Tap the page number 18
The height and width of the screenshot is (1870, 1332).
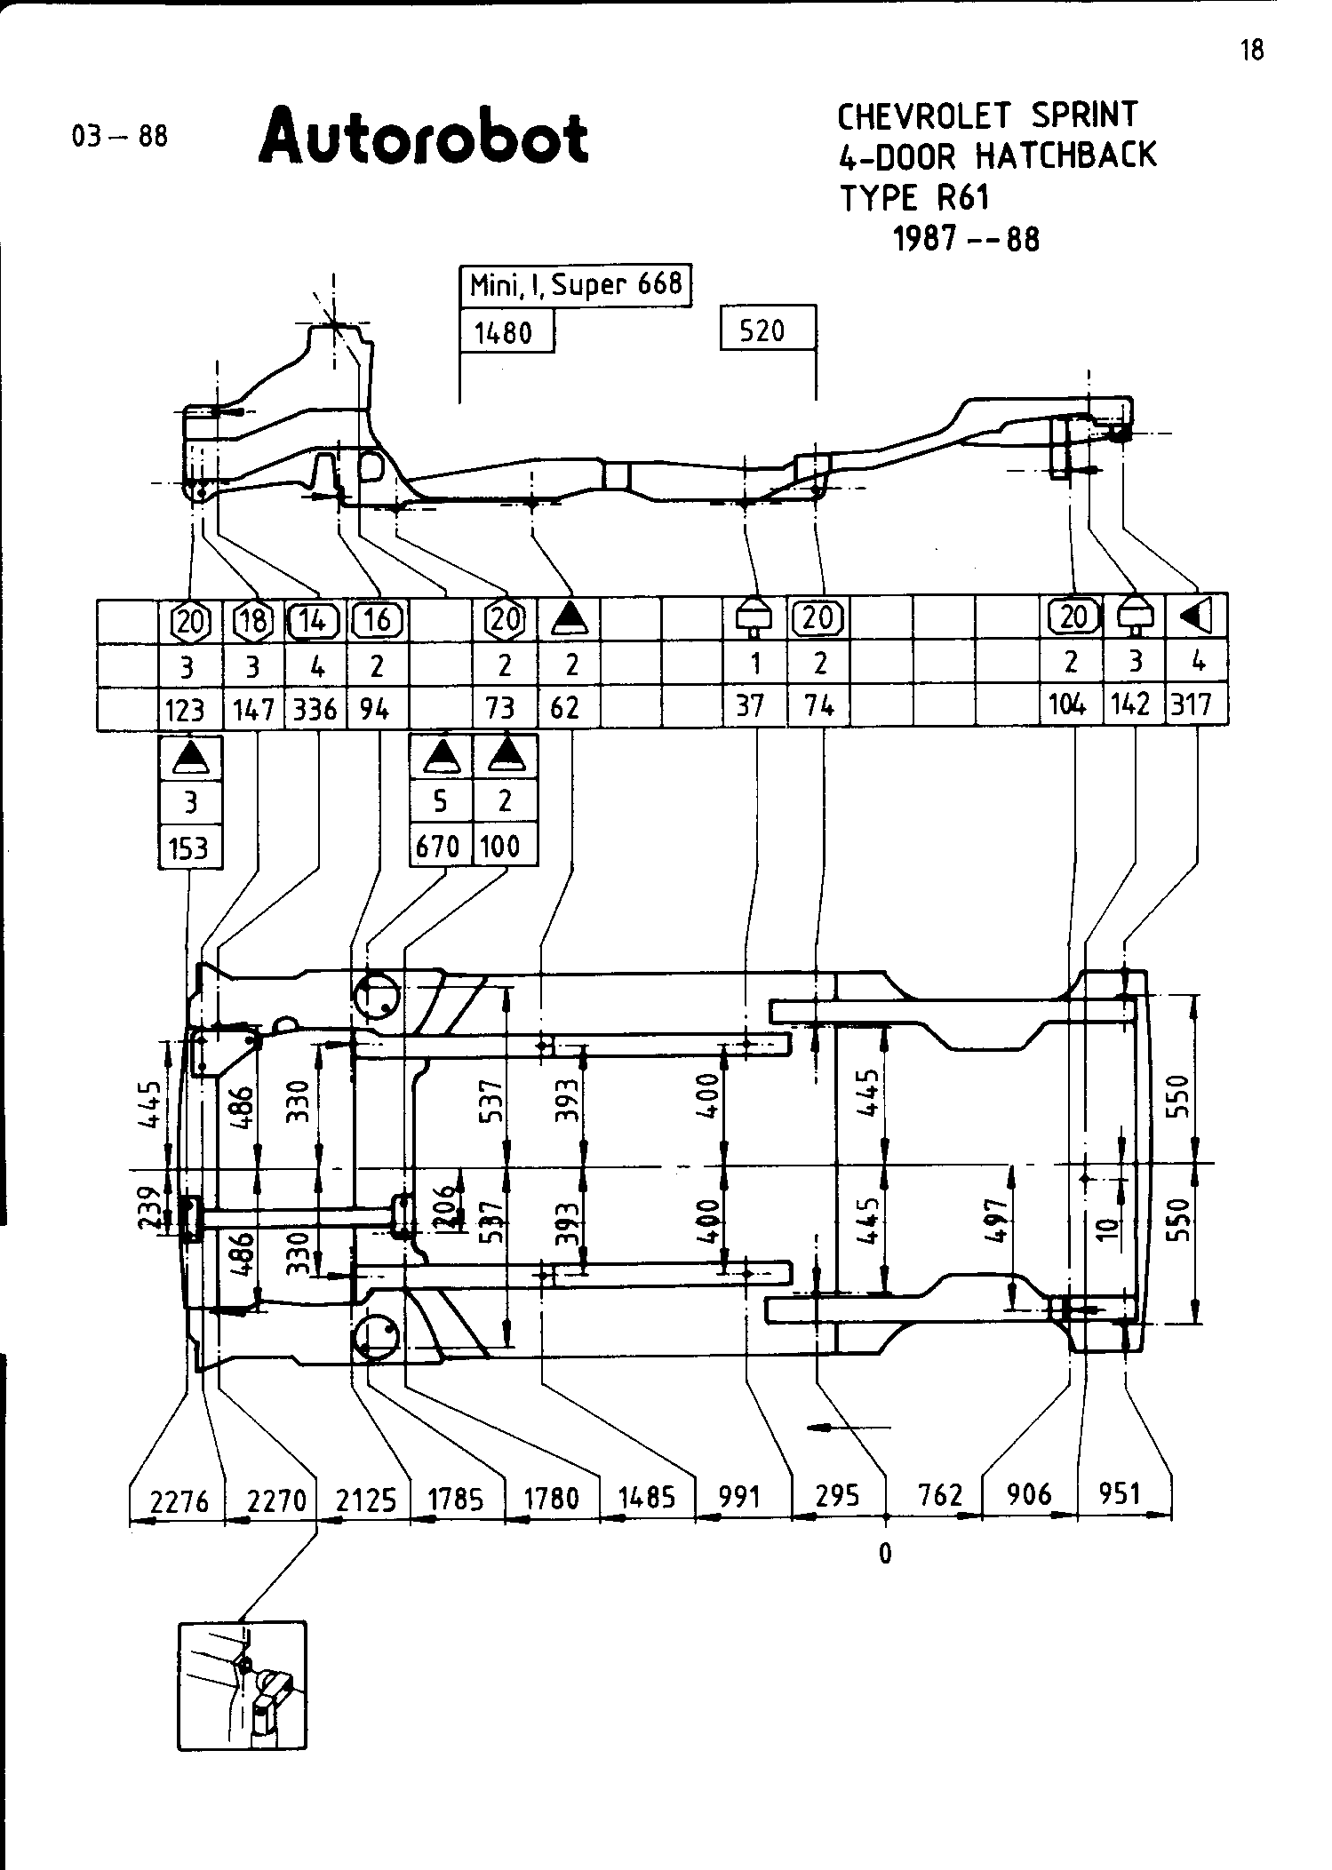click(x=1251, y=51)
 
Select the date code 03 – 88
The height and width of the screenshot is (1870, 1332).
click(x=120, y=137)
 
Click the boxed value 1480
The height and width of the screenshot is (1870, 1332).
click(x=503, y=333)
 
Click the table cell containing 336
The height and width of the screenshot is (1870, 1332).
click(x=315, y=709)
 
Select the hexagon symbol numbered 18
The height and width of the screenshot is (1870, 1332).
click(x=253, y=620)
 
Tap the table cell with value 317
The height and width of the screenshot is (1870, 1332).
click(x=1192, y=704)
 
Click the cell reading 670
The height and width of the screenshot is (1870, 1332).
click(x=439, y=846)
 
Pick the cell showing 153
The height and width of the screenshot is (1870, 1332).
click(x=188, y=848)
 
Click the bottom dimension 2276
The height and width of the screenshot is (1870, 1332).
click(x=179, y=1500)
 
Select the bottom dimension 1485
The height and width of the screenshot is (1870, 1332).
click(x=647, y=1498)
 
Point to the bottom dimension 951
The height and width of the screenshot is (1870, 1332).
click(x=1120, y=1493)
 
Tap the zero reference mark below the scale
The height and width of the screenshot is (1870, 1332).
click(x=884, y=1553)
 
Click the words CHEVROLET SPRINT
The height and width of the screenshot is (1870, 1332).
click(x=987, y=115)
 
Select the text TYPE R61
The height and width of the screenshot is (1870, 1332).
click(x=914, y=197)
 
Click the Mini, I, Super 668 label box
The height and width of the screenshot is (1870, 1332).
click(x=576, y=285)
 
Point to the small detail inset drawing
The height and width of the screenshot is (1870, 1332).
click(x=242, y=1684)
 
